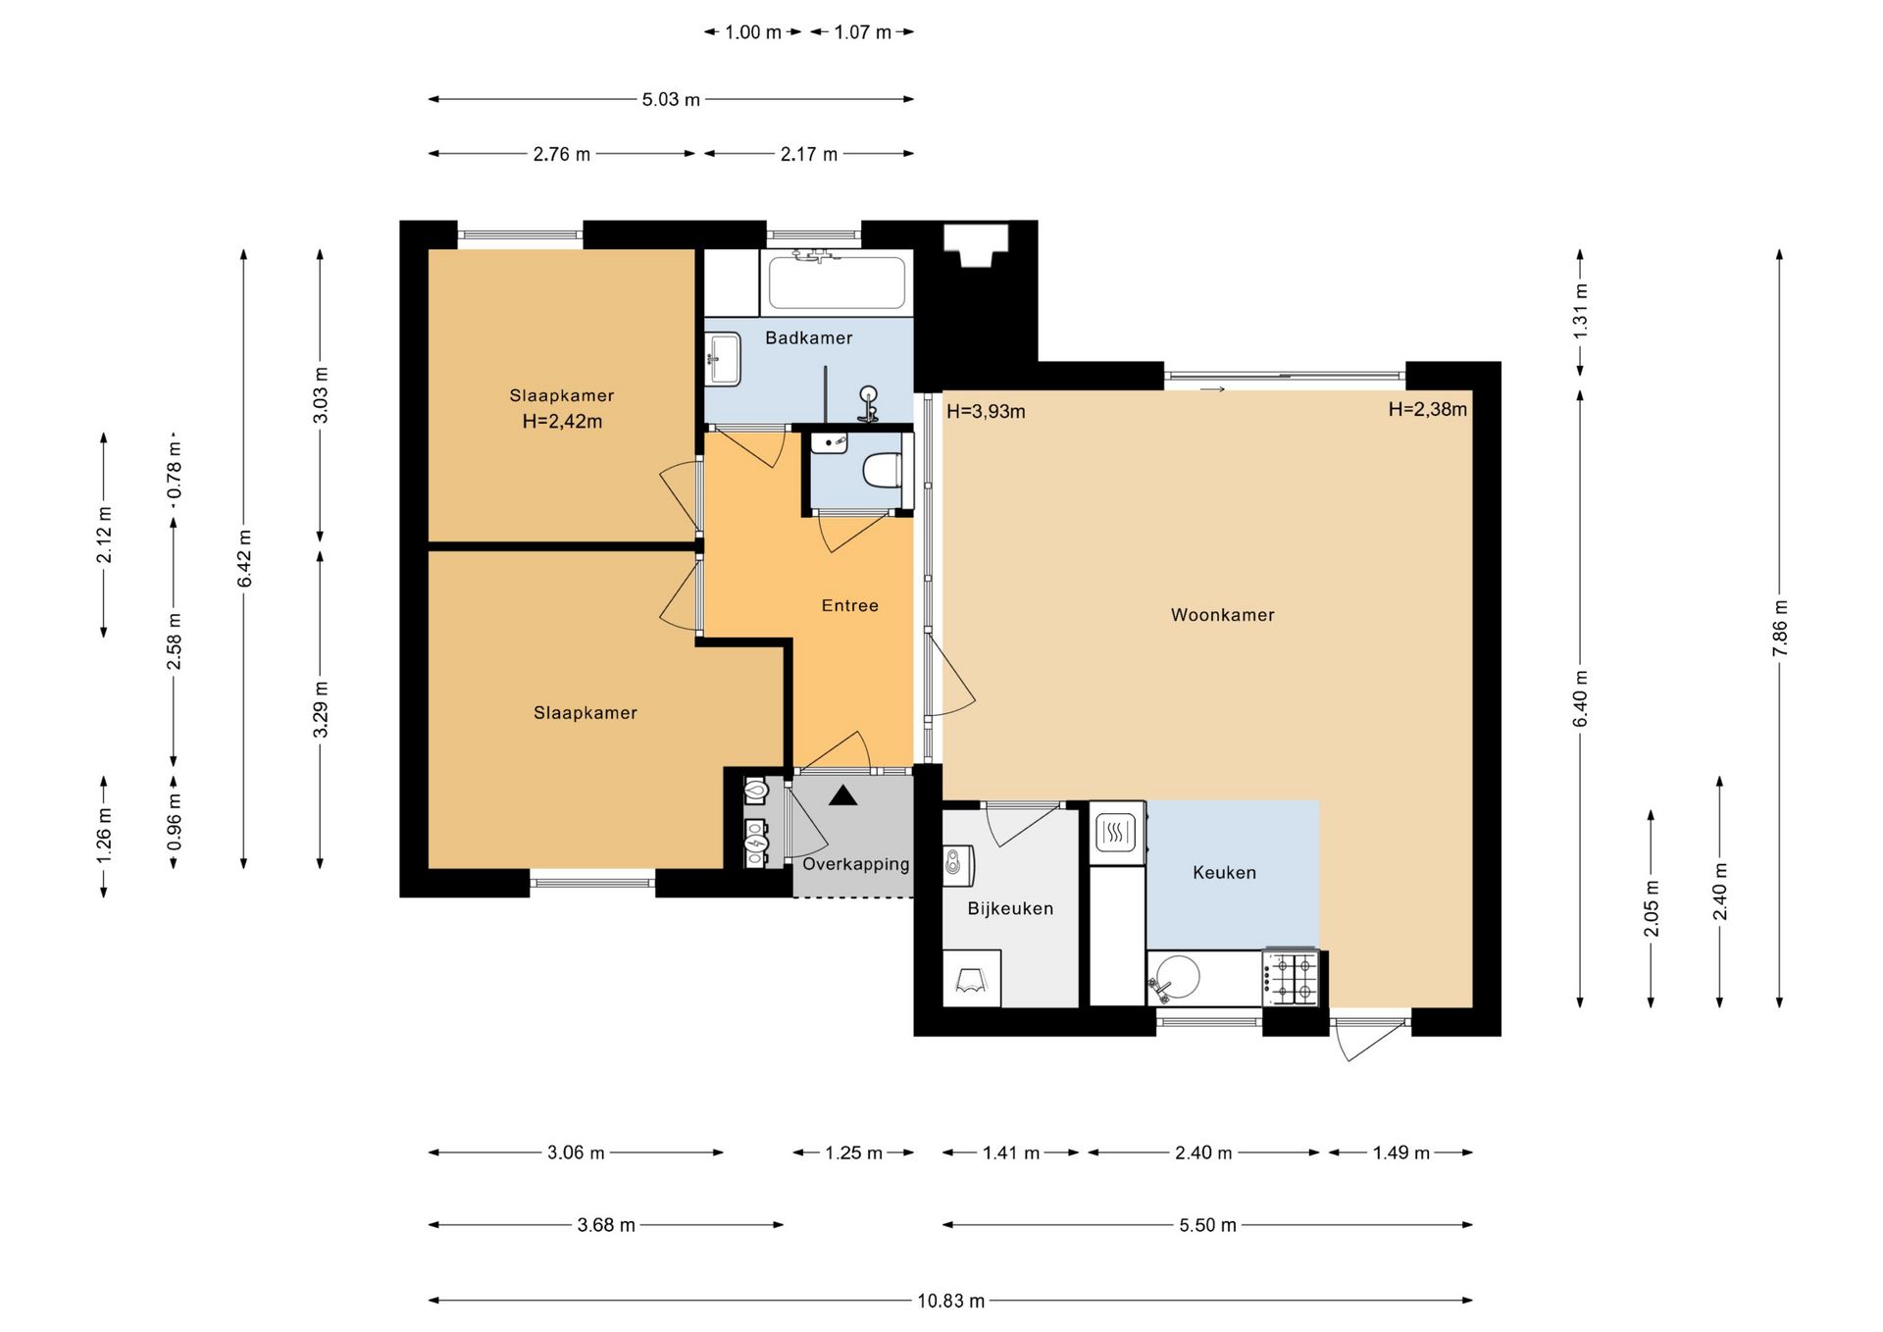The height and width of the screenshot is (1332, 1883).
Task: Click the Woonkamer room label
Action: pyautogui.click(x=1222, y=615)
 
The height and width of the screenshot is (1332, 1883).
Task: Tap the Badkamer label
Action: pyautogui.click(x=808, y=337)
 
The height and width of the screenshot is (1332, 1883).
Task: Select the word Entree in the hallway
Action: pyautogui.click(x=849, y=605)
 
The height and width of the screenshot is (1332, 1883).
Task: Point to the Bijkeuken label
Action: pyautogui.click(x=1010, y=908)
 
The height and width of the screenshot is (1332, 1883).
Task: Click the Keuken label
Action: pyautogui.click(x=1224, y=872)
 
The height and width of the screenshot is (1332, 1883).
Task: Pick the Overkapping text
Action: pyautogui.click(x=856, y=864)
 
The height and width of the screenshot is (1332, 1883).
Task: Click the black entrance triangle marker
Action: pyautogui.click(x=842, y=795)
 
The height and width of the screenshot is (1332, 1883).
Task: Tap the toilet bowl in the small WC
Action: pyautogui.click(x=883, y=470)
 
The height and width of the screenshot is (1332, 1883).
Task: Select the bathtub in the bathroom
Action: pyautogui.click(x=838, y=282)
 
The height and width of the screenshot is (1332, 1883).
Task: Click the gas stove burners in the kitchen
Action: pyautogui.click(x=1292, y=978)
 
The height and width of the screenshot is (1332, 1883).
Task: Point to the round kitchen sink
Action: pyautogui.click(x=1177, y=977)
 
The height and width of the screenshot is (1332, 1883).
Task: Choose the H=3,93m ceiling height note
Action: pyautogui.click(x=986, y=412)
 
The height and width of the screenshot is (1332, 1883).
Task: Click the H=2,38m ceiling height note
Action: pyautogui.click(x=1427, y=409)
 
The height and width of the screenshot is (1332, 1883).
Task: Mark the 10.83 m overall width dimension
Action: pyautogui.click(x=950, y=1301)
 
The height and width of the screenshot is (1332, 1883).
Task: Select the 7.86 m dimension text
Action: pyautogui.click(x=1780, y=628)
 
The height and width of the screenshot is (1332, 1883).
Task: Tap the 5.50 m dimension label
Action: pyautogui.click(x=1207, y=1225)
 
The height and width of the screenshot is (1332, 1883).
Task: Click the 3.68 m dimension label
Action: pyautogui.click(x=606, y=1225)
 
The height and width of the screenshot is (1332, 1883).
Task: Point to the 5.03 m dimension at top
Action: pyautogui.click(x=671, y=99)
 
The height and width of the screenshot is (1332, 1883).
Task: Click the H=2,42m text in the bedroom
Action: pyautogui.click(x=562, y=422)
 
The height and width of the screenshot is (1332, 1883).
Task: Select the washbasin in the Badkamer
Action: pyautogui.click(x=724, y=359)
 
